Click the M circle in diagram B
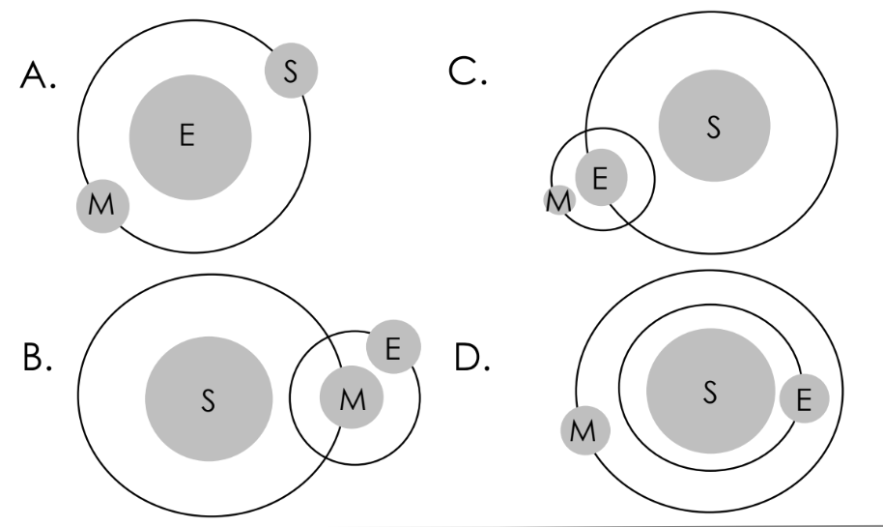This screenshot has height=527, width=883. tap(352, 399)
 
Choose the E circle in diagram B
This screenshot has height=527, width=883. tap(392, 347)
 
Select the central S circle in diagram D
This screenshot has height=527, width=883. tap(710, 393)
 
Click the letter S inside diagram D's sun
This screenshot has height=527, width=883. tap(710, 393)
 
